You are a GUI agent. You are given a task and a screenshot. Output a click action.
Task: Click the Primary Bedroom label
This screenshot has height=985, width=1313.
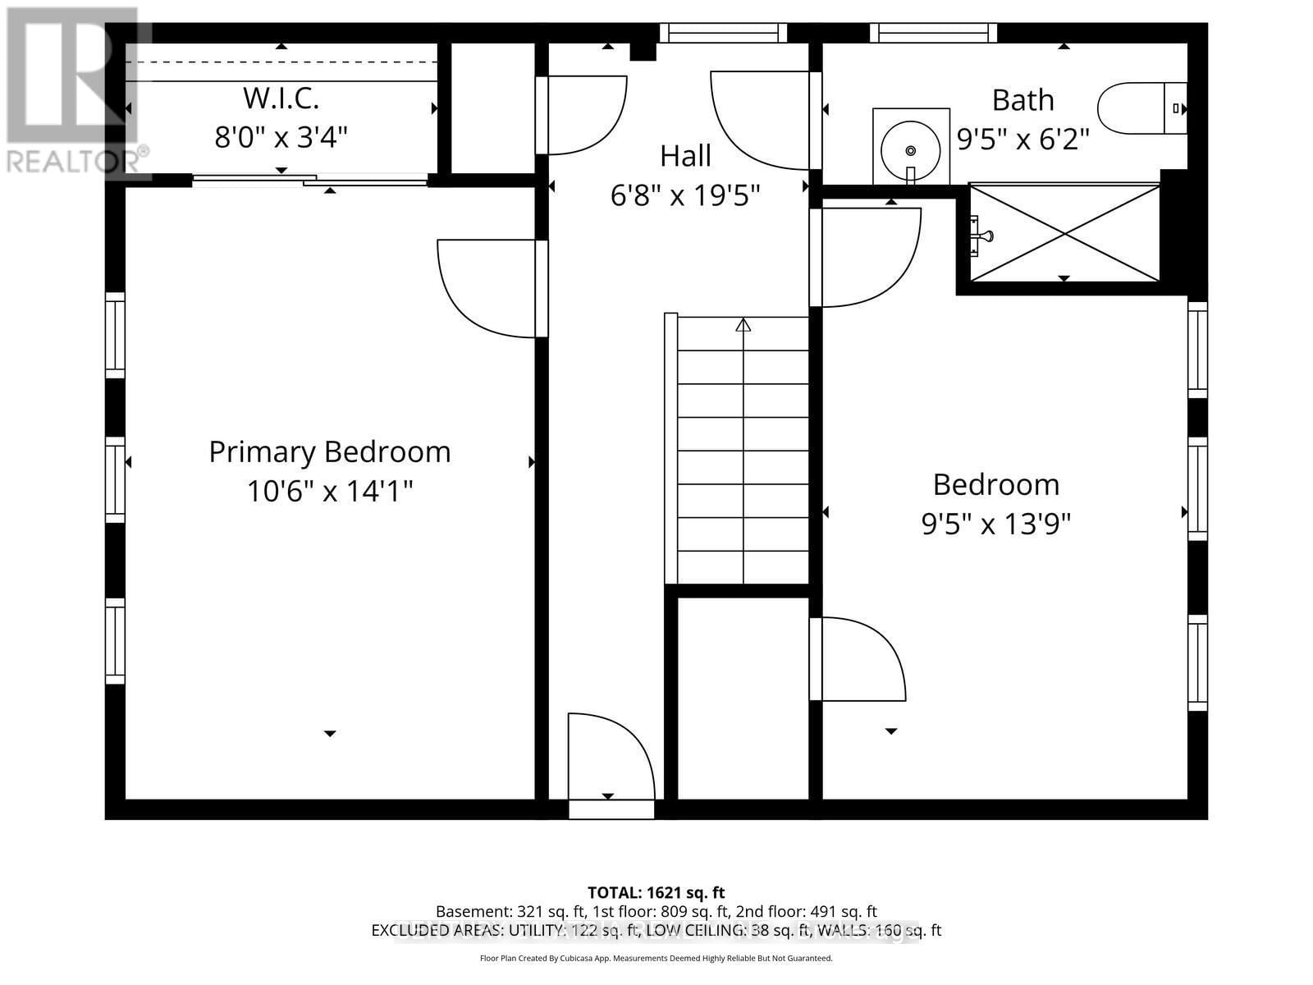[329, 451]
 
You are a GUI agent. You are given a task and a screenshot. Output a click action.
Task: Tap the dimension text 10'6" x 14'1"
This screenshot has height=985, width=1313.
[329, 492]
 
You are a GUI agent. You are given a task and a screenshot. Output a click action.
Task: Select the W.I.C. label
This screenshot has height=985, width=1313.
[281, 98]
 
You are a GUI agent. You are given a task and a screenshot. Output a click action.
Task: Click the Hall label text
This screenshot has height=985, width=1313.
[685, 155]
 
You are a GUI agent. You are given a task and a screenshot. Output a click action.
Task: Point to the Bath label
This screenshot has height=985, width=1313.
[1022, 100]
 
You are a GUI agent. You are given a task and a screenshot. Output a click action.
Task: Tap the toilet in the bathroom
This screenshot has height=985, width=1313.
[1141, 108]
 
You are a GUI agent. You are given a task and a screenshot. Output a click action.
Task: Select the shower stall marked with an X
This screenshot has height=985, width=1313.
[1064, 233]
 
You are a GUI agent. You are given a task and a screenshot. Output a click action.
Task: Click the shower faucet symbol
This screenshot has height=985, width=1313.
[981, 236]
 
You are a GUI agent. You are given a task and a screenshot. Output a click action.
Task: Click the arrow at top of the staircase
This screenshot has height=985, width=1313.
[743, 325]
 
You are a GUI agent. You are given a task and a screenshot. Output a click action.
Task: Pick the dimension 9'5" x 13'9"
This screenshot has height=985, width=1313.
[995, 524]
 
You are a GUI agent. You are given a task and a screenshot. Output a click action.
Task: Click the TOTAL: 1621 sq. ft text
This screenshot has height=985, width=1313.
[656, 892]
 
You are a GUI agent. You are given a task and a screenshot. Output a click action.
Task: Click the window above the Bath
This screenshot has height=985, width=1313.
[933, 33]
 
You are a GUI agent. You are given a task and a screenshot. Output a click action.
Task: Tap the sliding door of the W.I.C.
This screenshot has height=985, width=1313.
[310, 180]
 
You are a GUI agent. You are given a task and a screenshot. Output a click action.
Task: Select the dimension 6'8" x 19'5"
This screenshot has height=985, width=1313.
[685, 195]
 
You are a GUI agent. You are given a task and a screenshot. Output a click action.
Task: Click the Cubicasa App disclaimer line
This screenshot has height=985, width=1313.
[656, 958]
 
